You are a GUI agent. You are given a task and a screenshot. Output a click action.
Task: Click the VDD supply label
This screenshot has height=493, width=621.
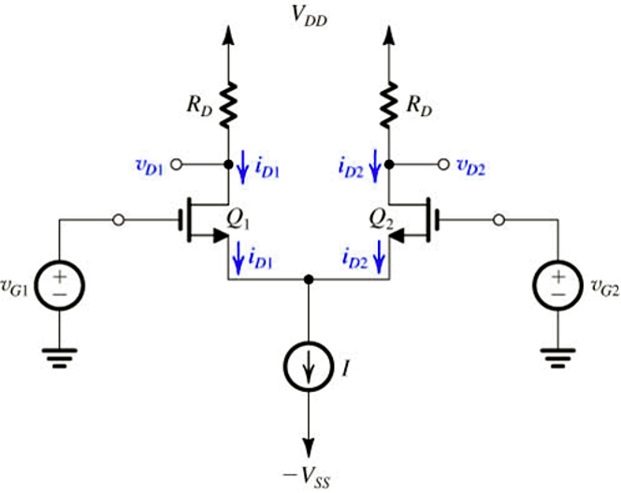310,16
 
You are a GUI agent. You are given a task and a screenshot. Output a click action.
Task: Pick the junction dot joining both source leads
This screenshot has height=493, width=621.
310,279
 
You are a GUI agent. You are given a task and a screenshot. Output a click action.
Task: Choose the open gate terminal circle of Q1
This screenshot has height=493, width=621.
119,221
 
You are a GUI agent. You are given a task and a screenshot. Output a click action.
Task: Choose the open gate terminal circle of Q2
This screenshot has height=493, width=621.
500,221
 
